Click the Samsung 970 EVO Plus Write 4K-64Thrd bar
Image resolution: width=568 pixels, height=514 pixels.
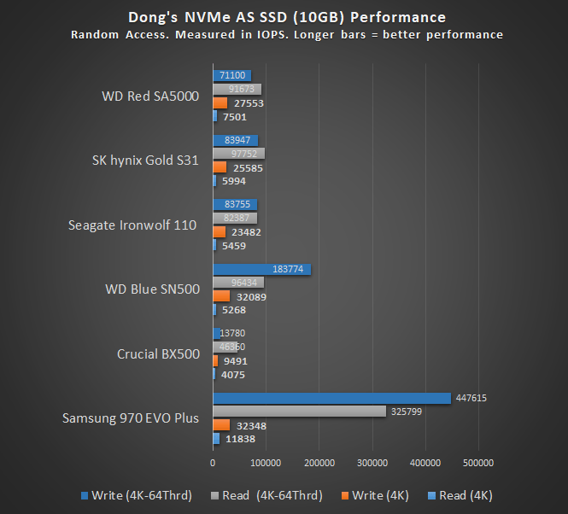click(x=331, y=398)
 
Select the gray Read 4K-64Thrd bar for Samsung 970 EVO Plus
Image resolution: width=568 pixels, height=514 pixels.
click(x=299, y=412)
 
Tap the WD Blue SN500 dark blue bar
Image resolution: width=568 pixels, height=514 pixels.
click(x=261, y=269)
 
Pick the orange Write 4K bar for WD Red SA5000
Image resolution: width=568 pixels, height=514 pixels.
click(x=220, y=102)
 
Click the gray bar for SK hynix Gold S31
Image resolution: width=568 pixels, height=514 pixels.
click(x=238, y=154)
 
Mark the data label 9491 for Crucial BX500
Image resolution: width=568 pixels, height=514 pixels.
click(x=234, y=360)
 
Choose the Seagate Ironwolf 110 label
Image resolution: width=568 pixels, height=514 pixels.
click(x=133, y=225)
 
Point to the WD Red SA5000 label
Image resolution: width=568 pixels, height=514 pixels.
click(x=150, y=96)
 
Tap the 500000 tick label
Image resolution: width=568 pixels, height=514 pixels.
click(x=477, y=463)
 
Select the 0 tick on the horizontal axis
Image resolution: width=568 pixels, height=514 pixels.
click(x=213, y=463)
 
